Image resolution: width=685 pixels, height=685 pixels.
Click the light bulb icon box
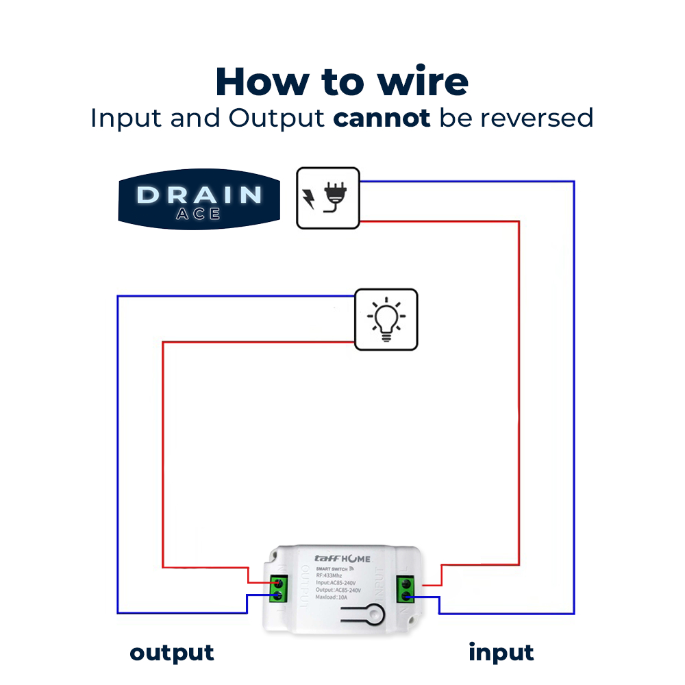pos(386,319)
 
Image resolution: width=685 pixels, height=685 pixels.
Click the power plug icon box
pos(327,197)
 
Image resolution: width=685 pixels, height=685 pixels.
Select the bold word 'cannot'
pos(382,118)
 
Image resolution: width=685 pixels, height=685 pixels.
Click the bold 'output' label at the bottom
pos(172,653)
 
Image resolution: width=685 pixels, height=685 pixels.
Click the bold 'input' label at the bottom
pos(501,653)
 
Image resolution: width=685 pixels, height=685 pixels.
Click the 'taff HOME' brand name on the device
pos(342,558)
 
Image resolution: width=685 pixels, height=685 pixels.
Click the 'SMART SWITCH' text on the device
pos(332,568)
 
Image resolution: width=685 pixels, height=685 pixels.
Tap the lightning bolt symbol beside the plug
pos(308,199)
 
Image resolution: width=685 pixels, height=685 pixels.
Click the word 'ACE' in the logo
pos(198,214)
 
